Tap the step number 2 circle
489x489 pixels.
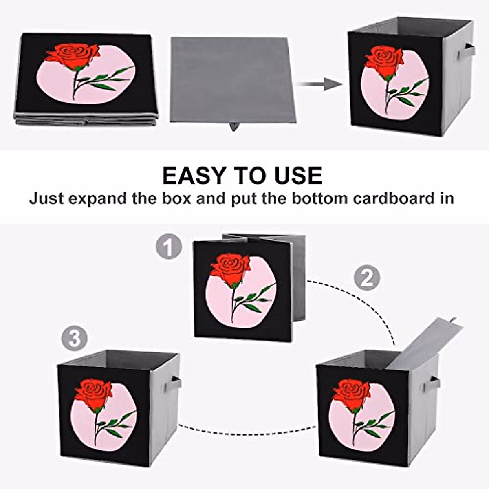point(366,278)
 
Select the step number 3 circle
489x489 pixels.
point(74,339)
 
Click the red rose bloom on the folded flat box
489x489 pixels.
point(74,56)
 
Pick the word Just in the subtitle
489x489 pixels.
point(45,198)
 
